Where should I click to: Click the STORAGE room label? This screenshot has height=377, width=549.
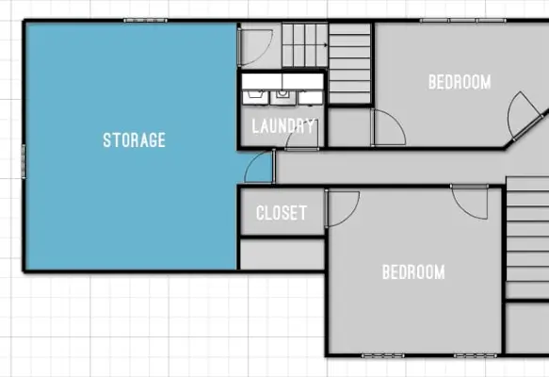click(134, 139)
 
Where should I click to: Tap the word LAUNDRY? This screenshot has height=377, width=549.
click(283, 125)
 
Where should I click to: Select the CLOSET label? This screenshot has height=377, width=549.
click(282, 213)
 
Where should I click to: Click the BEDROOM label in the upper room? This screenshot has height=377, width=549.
click(460, 82)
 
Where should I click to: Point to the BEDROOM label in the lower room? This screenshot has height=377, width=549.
click(413, 272)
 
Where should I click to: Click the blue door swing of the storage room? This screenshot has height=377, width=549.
click(258, 167)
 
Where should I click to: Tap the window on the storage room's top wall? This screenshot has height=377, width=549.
click(145, 21)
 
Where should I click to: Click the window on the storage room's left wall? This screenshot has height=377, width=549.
click(24, 161)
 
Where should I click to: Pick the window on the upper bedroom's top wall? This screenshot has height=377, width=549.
click(463, 21)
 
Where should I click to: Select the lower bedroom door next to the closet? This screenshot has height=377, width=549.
click(343, 208)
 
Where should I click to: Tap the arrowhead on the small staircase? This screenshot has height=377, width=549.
click(326, 45)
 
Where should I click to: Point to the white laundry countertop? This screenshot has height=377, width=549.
click(283, 81)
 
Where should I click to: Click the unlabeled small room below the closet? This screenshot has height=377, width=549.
click(283, 254)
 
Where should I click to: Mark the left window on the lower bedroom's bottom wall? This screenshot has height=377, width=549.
click(382, 355)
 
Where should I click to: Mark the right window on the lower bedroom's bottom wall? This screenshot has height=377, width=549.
click(476, 355)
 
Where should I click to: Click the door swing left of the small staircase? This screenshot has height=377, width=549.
click(255, 47)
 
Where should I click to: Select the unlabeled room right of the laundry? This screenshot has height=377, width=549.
click(348, 127)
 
